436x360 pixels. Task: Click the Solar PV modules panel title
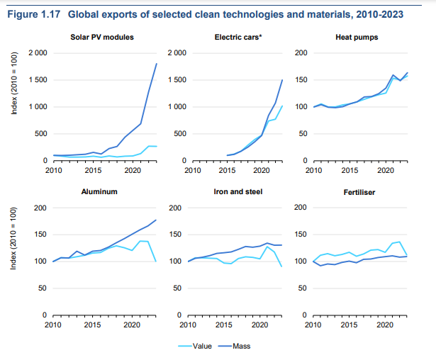(103, 37)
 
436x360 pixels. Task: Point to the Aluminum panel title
(103, 192)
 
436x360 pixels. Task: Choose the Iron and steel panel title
(237, 192)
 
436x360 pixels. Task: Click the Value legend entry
(208, 347)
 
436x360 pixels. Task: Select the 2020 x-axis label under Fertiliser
(385, 325)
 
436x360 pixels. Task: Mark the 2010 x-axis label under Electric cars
(188, 170)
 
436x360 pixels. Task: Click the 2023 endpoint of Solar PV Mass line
(157, 64)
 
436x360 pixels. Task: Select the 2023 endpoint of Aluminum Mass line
(157, 220)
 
